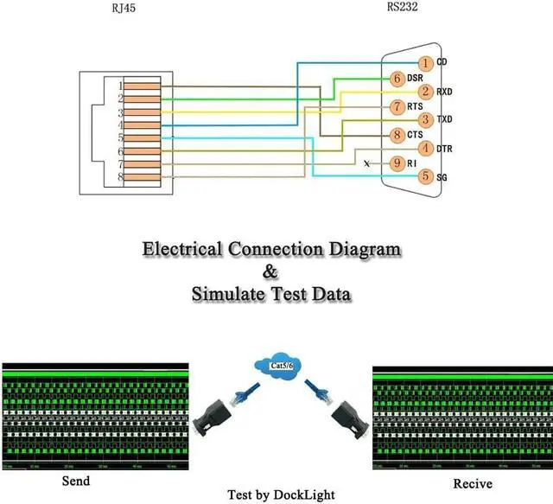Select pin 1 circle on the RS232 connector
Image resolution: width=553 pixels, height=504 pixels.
(425, 63)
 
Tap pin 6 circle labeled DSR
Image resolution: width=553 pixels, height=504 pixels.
(397, 78)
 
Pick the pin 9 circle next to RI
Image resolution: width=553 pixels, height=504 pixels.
(397, 163)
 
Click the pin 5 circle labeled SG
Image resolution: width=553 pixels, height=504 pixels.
(425, 176)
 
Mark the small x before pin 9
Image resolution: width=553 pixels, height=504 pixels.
(368, 163)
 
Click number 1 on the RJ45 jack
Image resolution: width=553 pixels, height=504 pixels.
(120, 86)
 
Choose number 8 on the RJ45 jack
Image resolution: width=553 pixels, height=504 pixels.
(120, 177)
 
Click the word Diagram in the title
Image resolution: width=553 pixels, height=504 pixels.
(359, 250)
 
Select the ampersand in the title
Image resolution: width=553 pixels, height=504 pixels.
(271, 272)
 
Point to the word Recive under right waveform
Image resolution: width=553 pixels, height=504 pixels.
(474, 483)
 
